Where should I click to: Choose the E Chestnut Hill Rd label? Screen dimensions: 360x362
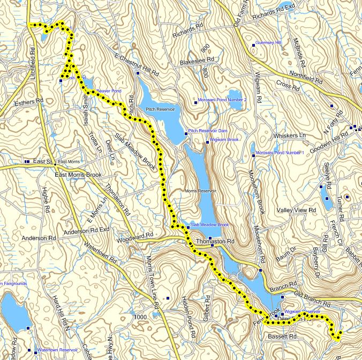coord(137,64)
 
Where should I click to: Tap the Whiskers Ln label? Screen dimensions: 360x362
coord(289,136)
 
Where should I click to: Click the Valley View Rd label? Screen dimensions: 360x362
coord(296,211)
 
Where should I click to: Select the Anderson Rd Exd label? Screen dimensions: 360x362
coord(86,231)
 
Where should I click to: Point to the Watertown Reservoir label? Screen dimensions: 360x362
coord(56,350)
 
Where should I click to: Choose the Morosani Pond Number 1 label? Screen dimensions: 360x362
coord(280,153)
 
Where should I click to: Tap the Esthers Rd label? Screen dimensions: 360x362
coord(29,101)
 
